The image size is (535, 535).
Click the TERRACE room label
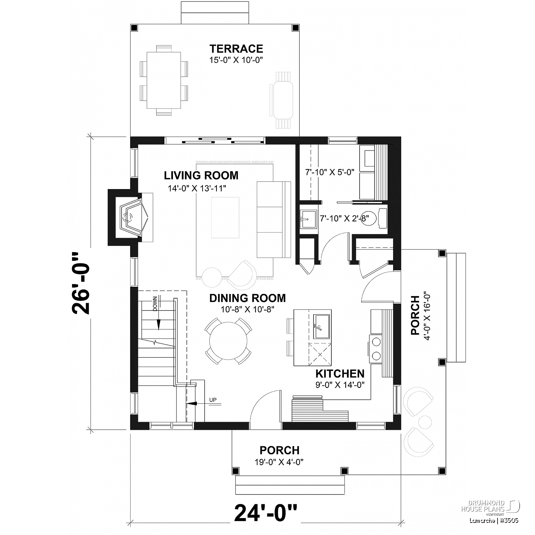coord(236,49)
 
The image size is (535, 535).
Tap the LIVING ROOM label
coord(201,175)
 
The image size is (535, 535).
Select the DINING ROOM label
coord(248,298)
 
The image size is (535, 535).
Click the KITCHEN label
coord(340,373)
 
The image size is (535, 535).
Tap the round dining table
coord(228,341)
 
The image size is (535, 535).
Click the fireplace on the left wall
coord(130,217)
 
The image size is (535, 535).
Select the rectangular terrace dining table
coord(164,81)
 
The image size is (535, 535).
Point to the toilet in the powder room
coord(378,218)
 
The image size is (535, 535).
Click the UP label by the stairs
coord(213,400)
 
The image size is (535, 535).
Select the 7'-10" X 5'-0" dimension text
coord(330,172)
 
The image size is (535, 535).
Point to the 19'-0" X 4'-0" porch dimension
coord(279,462)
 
